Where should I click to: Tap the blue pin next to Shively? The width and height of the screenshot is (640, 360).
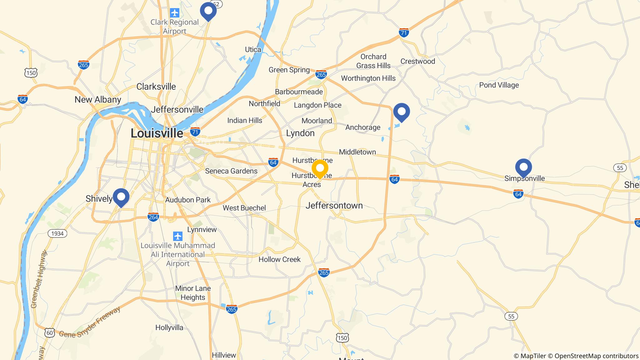point(121,197)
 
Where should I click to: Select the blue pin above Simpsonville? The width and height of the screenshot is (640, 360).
point(523,167)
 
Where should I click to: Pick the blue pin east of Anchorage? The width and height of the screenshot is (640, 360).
point(402,112)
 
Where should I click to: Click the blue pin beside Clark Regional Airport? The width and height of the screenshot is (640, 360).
point(208,11)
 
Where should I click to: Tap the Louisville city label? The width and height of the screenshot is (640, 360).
point(157,133)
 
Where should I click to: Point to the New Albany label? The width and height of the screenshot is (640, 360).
point(98,100)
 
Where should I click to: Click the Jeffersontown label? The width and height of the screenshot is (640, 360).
point(334,206)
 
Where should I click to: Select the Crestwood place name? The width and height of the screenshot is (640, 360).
point(417,61)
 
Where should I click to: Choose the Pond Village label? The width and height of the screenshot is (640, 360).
point(499,85)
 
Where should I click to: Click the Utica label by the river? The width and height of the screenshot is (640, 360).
point(253,50)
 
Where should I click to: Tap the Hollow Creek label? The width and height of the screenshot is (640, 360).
point(279,259)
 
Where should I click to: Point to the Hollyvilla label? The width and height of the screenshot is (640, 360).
point(169,327)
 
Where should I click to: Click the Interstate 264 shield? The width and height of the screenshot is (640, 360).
point(153,217)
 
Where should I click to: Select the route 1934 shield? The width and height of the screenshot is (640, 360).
point(57,233)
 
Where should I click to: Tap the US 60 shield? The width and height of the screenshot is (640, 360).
point(50,333)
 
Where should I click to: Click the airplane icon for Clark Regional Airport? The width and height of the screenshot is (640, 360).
point(174,13)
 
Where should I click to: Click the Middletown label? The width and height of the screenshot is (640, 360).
point(357,152)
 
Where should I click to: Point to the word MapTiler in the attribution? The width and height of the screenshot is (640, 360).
point(533,356)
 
